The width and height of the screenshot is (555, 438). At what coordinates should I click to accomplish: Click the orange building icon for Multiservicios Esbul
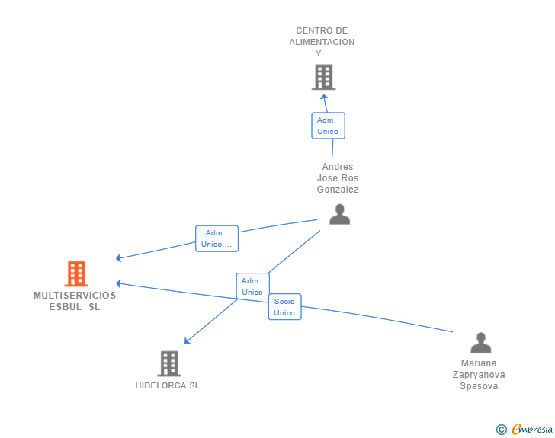tap(75, 273)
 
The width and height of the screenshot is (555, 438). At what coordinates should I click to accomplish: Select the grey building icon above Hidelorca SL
tap(168, 363)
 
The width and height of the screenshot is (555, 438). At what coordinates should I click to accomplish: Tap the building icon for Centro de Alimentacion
tap(323, 77)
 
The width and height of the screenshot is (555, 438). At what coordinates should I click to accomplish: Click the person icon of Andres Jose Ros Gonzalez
tap(339, 214)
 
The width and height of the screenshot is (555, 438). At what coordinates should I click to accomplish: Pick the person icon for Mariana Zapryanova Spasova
tap(480, 342)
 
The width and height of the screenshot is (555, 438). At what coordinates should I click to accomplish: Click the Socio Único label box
tap(284, 307)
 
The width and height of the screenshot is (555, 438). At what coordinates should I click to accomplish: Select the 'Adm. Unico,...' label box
tap(217, 238)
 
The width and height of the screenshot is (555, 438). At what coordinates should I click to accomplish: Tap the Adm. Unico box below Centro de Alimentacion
tap(328, 126)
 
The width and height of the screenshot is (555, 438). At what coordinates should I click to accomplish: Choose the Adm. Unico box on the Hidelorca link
tap(252, 286)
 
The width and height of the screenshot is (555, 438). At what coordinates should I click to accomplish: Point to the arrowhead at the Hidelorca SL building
tap(188, 340)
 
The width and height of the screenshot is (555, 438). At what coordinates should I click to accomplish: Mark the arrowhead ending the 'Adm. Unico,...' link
tap(119, 259)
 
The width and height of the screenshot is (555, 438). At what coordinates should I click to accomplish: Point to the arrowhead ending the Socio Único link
tap(119, 283)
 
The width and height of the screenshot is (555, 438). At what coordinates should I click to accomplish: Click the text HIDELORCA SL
tap(167, 385)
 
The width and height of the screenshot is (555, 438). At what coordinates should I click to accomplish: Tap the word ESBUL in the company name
tap(65, 307)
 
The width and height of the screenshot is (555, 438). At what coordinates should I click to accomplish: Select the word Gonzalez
tap(338, 190)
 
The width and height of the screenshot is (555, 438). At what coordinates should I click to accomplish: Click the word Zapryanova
tap(479, 375)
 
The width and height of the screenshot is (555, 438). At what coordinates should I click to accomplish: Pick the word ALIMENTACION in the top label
tap(322, 42)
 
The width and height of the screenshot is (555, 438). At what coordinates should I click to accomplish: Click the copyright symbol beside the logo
tap(501, 430)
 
